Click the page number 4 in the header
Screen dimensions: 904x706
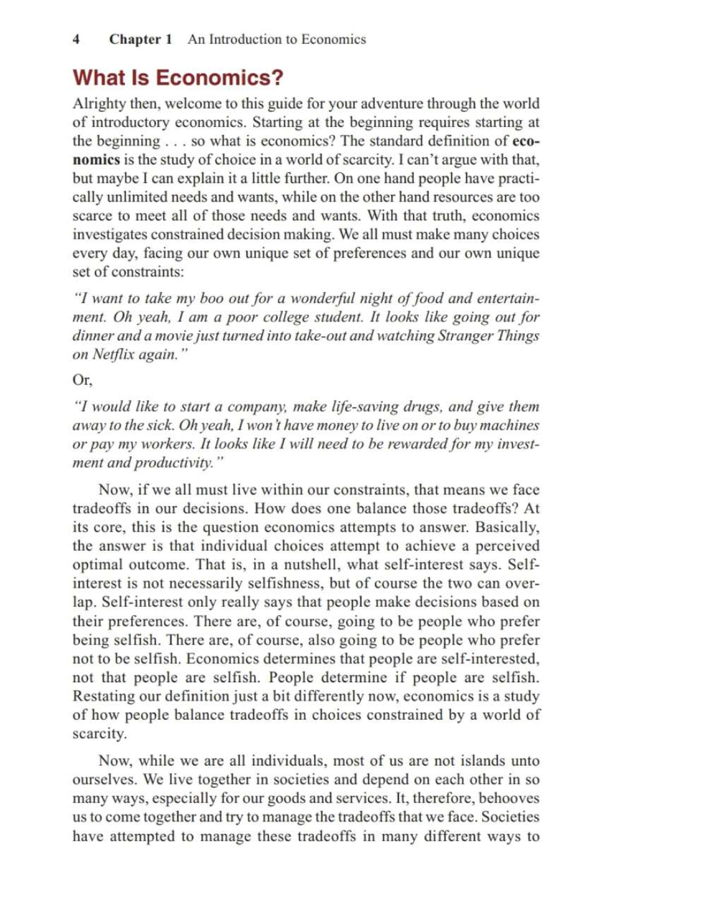tap(76, 39)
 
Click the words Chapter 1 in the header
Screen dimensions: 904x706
tap(140, 39)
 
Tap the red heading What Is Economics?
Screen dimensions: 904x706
tap(178, 77)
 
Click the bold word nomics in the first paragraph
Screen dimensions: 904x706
tap(96, 159)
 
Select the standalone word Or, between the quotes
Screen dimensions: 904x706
tap(82, 380)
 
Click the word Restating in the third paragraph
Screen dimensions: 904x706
tap(103, 696)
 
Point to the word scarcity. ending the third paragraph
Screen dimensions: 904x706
tap(99, 734)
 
